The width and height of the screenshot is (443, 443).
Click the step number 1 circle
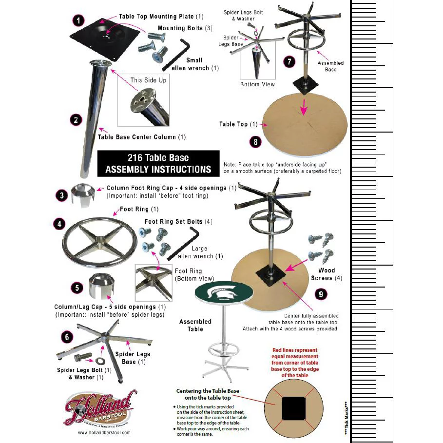point(78,20)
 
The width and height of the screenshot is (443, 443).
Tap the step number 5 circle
point(77,288)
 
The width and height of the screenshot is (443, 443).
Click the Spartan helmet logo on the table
point(215,292)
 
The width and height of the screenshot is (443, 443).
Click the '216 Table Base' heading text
point(158,158)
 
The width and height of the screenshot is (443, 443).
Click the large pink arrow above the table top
point(304,107)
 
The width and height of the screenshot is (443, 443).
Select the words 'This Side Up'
point(148,80)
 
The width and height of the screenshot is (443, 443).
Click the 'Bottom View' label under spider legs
point(257,84)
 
